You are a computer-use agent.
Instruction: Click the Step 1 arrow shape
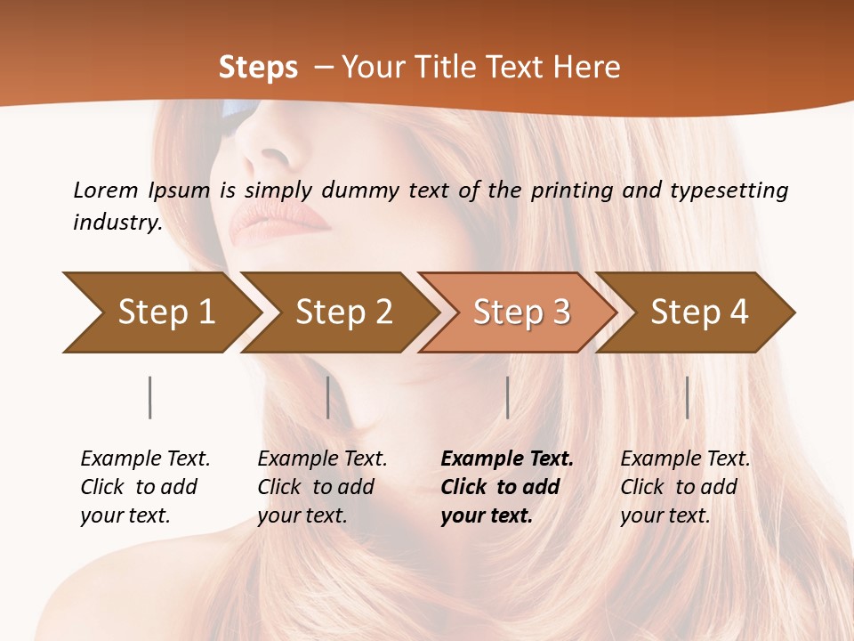coord(165,312)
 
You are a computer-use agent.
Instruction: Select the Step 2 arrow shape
coord(342,312)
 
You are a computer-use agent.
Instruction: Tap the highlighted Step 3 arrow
coord(520,312)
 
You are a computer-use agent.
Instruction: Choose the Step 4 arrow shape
coord(698,312)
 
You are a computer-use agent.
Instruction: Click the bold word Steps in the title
coord(258,68)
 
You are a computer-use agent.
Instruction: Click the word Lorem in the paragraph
coord(105,190)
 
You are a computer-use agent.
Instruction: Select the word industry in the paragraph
coord(117,223)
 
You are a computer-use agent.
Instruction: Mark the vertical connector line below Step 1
coord(149,397)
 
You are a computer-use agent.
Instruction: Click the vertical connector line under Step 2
coord(328,397)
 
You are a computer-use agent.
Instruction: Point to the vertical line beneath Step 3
coord(507,397)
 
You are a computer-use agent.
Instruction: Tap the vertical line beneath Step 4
coord(687,397)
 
